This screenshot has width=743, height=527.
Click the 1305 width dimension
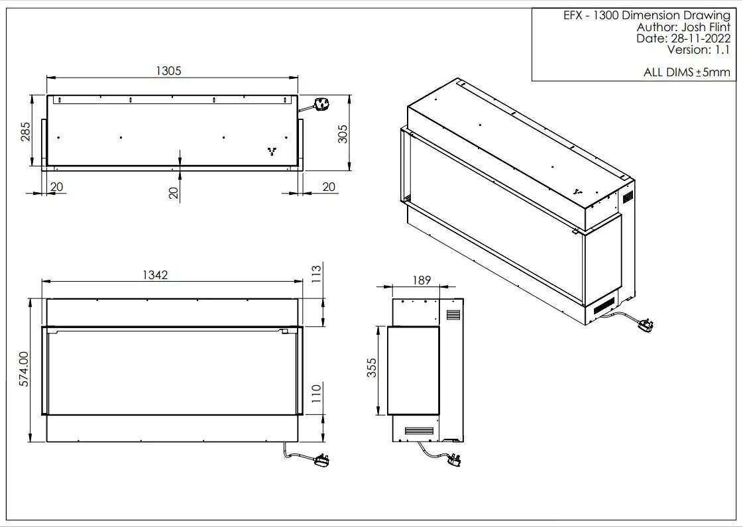[169, 71]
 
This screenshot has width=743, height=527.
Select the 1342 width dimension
[155, 275]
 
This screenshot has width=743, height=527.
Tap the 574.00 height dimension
[24, 369]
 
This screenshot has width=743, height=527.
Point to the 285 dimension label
[25, 132]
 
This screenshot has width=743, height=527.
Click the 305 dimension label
[343, 134]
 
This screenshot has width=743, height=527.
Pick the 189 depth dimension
[422, 280]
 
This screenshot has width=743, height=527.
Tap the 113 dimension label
[316, 274]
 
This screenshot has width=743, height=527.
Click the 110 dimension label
[316, 393]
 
